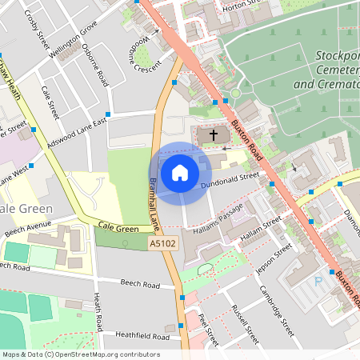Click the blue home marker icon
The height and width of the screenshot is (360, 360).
(x=180, y=172)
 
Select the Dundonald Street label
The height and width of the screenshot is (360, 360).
(x=231, y=179)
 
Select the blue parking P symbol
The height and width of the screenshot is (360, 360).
(x=319, y=282)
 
